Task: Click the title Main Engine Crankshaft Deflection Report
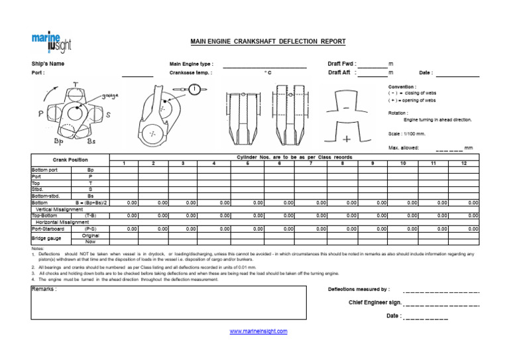[x=268, y=41]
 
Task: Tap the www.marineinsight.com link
[x=258, y=331]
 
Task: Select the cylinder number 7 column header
[x=311, y=163]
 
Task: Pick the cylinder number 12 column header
[x=464, y=163]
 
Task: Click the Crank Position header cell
[x=70, y=160]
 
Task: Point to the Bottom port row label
[x=45, y=170]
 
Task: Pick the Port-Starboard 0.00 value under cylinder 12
[x=473, y=229]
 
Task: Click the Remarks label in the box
[x=44, y=290]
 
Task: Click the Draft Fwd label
[x=342, y=64]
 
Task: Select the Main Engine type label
[x=191, y=64]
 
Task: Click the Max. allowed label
[x=403, y=147]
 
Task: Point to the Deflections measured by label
[x=359, y=290]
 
